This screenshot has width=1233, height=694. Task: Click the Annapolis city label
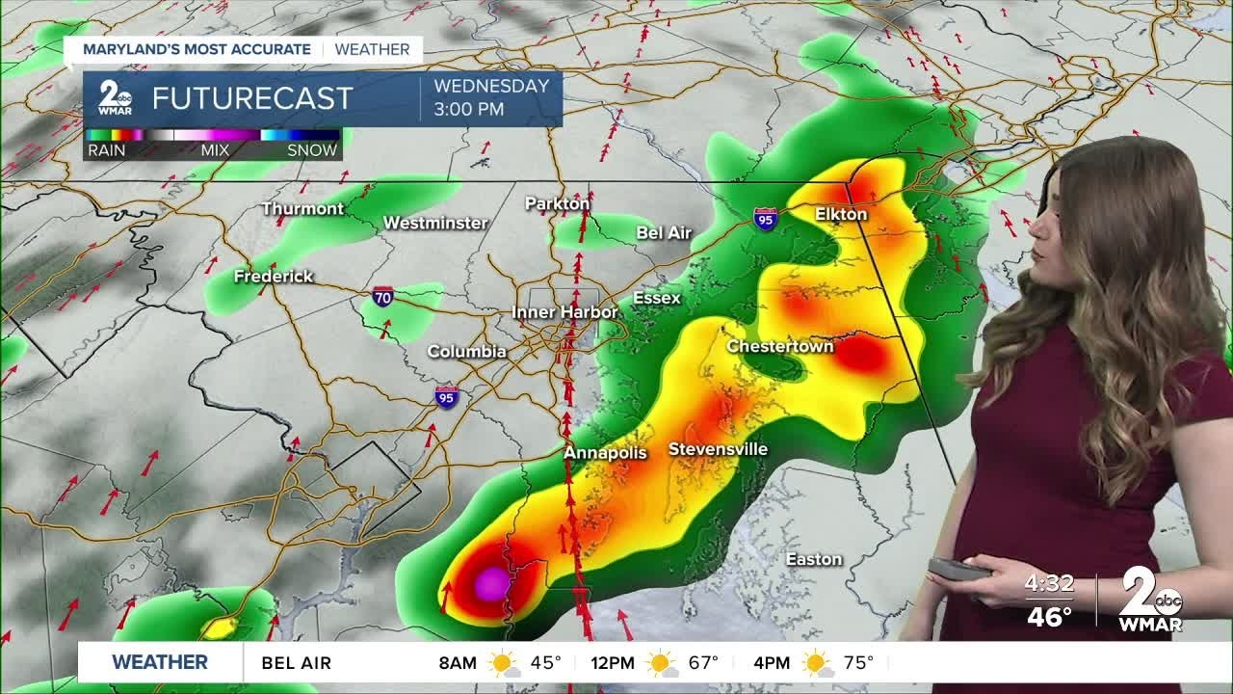point(605,452)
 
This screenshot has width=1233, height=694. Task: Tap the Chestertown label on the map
point(779,346)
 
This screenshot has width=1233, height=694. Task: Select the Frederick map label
point(274,277)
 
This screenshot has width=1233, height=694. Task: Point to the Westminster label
point(435,223)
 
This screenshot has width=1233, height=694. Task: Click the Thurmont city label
point(302,209)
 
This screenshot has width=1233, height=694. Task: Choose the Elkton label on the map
point(841,214)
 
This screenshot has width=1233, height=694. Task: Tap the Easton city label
point(814,559)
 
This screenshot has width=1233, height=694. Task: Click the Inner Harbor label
point(564,313)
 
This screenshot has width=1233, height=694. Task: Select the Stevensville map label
point(718,449)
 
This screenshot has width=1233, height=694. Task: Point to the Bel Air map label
point(664,233)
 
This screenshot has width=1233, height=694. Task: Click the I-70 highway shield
point(382,297)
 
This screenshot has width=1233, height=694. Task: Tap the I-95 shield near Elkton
point(765,219)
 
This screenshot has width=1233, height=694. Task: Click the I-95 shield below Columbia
point(445,396)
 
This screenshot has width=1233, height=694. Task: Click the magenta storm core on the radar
point(492,583)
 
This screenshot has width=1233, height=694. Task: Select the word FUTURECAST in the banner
point(252,98)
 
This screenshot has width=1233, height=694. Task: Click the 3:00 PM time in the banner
point(469,109)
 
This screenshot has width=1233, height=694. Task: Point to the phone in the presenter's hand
point(958,570)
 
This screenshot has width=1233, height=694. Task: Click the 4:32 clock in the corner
point(1049,583)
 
